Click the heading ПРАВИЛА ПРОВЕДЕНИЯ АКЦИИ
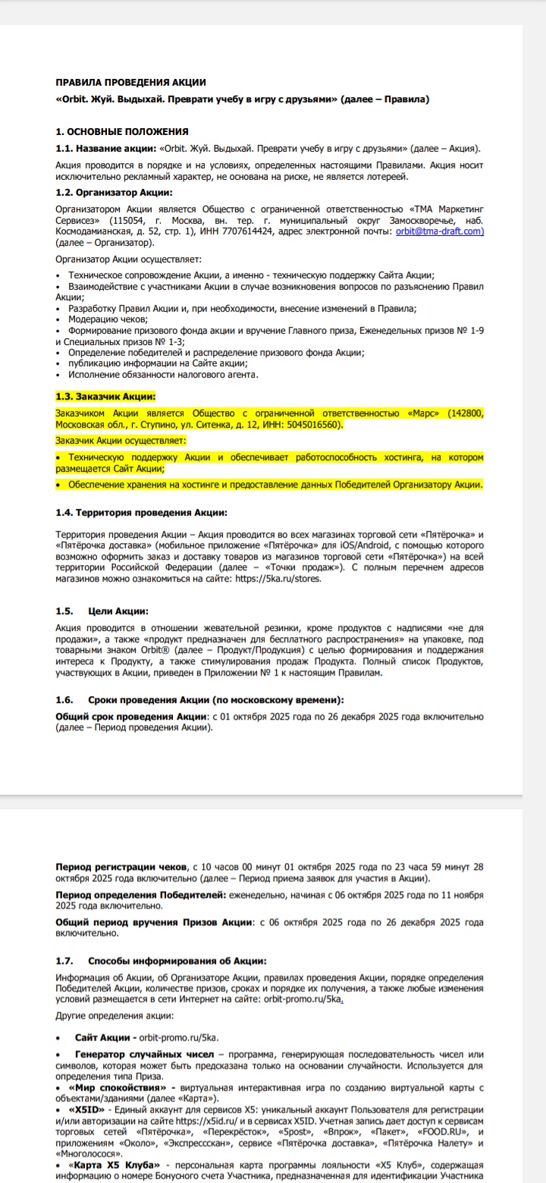coord(131,82)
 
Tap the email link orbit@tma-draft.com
coord(440,232)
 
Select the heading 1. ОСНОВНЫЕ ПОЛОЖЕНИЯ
coord(123,132)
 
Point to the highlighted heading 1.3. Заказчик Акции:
coord(106,397)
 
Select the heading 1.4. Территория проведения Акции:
coord(141,513)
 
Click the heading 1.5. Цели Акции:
coord(102,611)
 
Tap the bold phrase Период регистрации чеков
coord(123,866)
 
